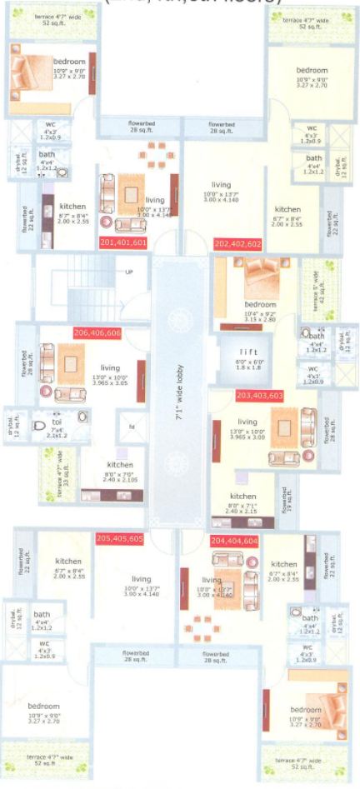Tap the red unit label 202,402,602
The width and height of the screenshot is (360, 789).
point(238,243)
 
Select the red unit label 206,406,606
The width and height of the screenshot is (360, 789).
point(98,332)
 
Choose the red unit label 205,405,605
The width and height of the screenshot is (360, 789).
point(121,538)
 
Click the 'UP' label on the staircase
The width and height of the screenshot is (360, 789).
point(129,272)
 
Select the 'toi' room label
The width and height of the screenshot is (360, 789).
point(57,422)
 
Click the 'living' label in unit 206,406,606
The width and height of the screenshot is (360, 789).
point(111,367)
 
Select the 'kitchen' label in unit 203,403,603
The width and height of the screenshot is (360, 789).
point(242,496)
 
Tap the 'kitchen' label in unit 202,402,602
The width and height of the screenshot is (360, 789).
point(287,209)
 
